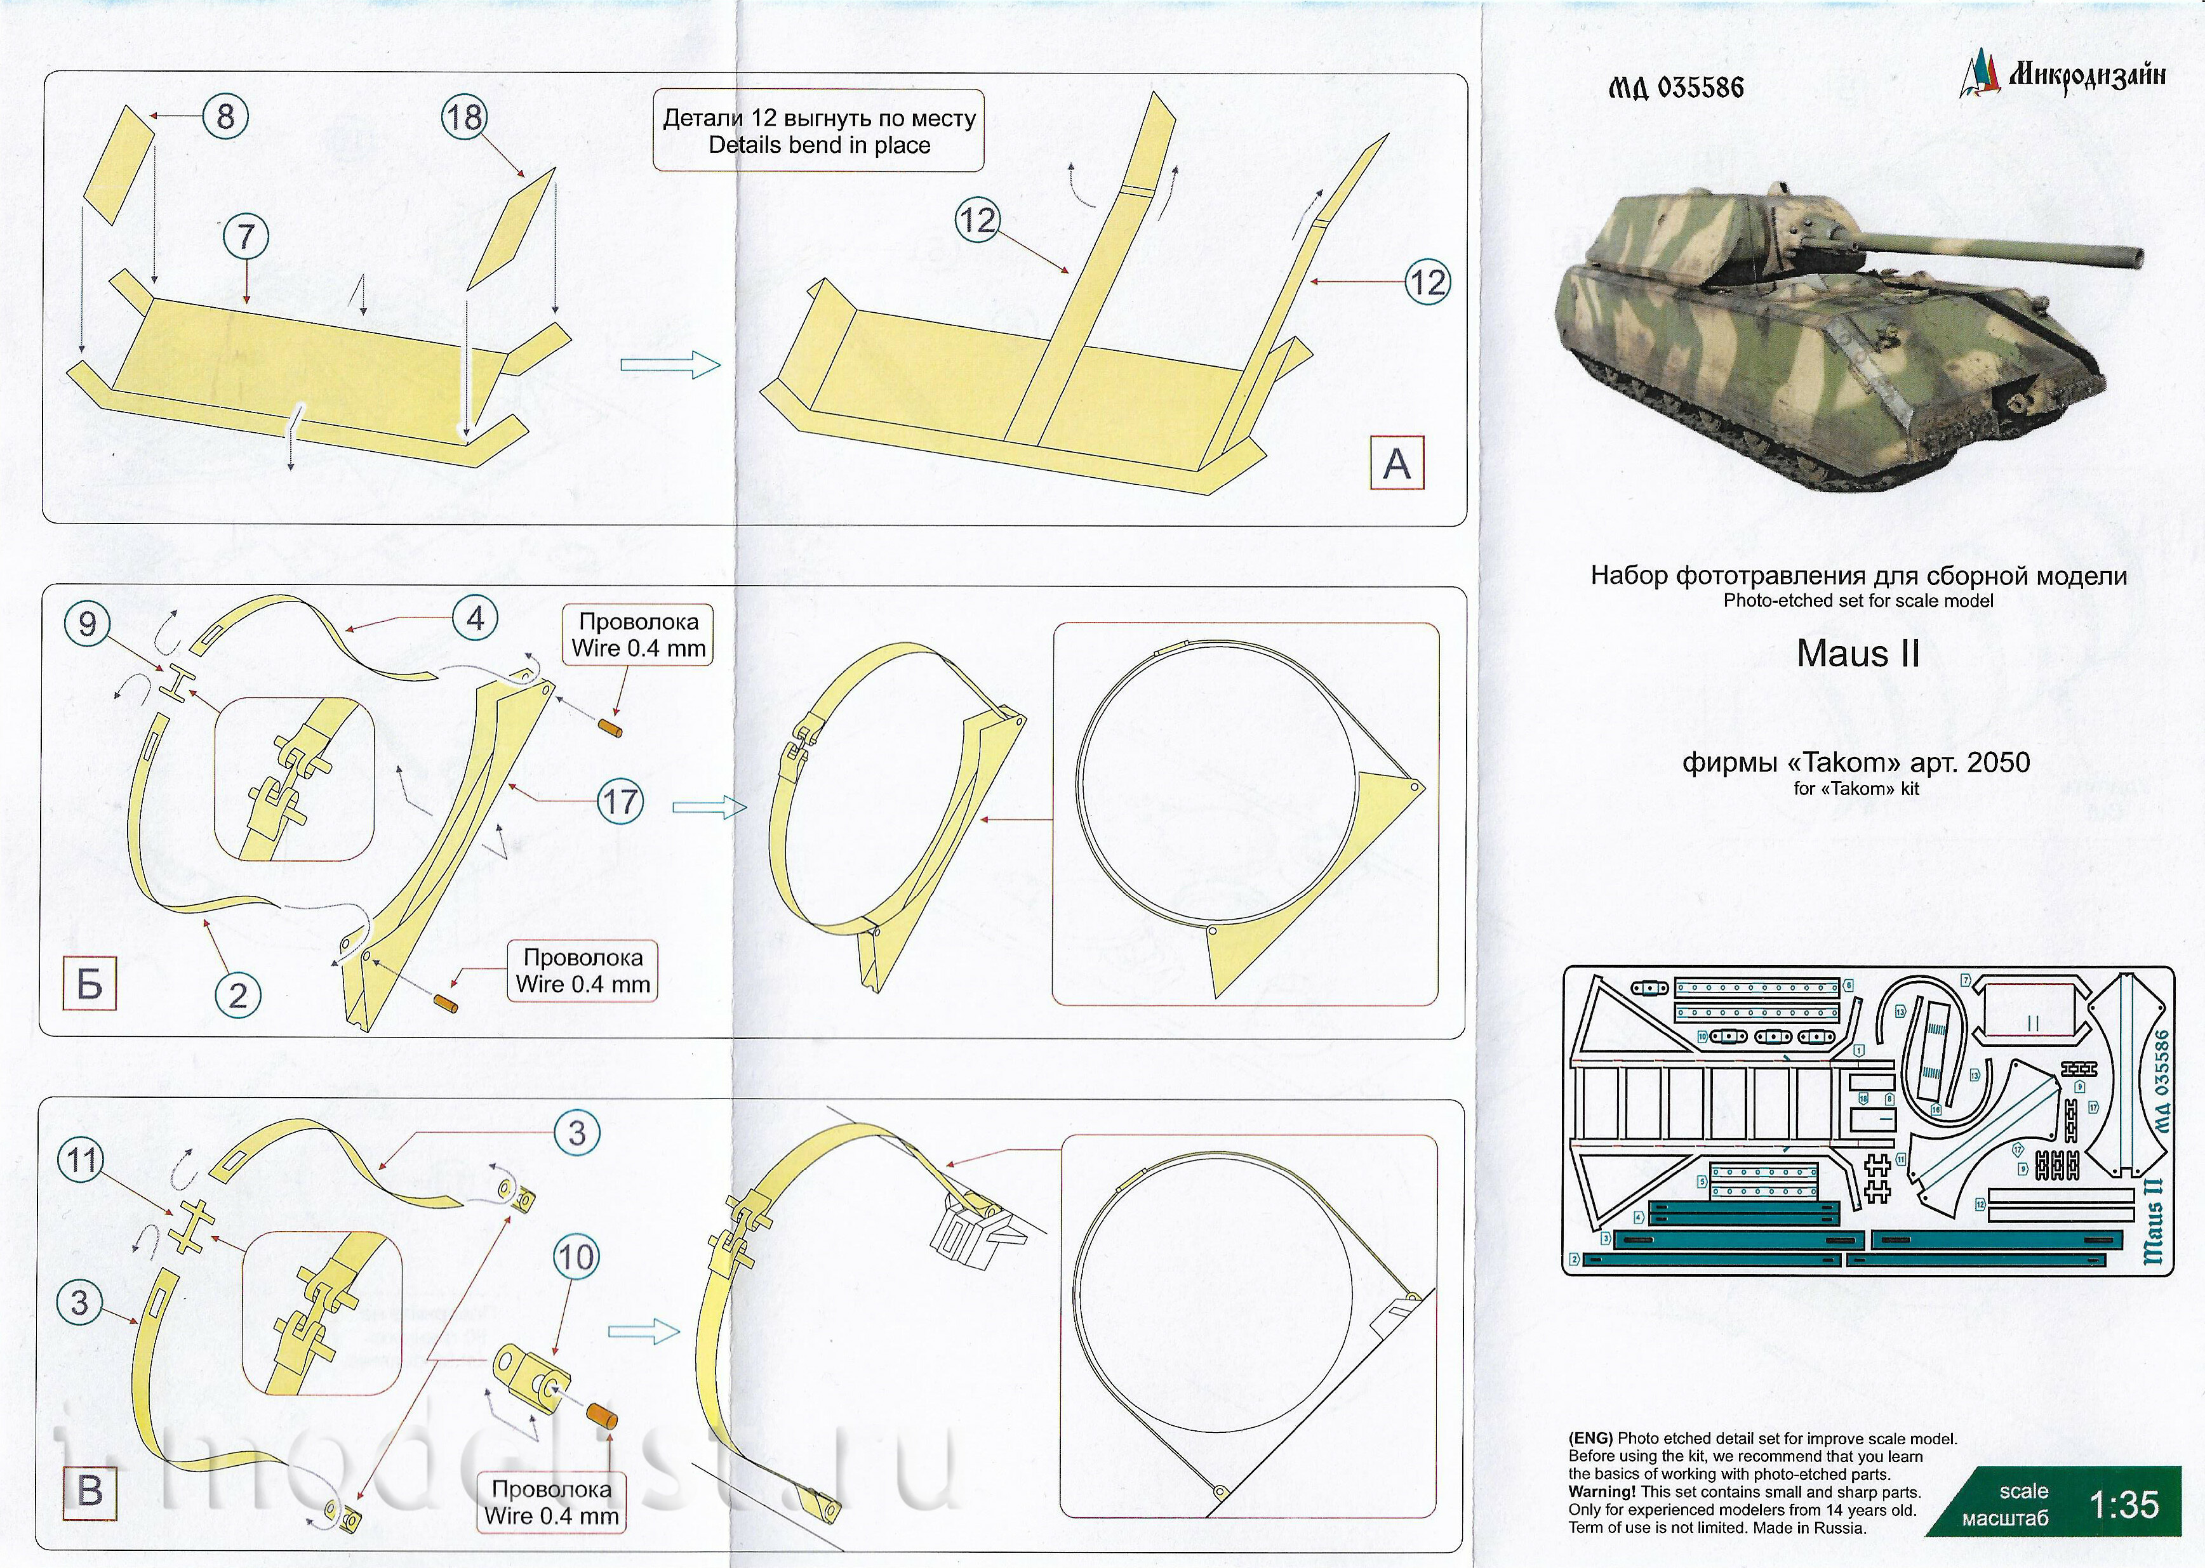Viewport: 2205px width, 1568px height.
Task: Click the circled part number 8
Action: [x=225, y=117]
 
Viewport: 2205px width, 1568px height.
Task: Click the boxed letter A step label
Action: [x=1397, y=463]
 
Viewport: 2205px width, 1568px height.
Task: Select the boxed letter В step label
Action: [x=90, y=1489]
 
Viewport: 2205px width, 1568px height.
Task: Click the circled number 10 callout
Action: [x=576, y=1257]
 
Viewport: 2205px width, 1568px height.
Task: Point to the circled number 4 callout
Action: [x=475, y=618]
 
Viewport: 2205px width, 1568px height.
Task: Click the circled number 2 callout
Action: [x=237, y=996]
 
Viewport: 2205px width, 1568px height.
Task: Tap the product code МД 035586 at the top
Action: [x=1675, y=88]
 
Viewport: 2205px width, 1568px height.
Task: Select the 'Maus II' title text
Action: [x=1857, y=654]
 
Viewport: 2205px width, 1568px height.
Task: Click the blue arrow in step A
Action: [x=669, y=365]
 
